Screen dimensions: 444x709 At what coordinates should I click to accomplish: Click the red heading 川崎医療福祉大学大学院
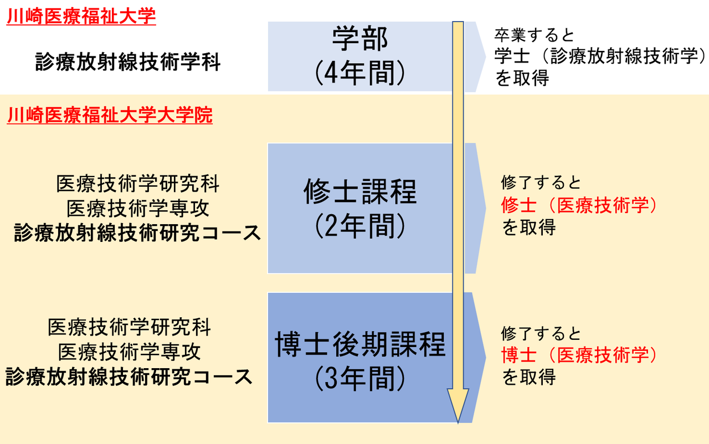pyautogui.click(x=110, y=115)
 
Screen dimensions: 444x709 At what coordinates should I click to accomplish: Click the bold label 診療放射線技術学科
pyautogui.click(x=128, y=62)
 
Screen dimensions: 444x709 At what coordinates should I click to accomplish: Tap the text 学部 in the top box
pyautogui.click(x=361, y=39)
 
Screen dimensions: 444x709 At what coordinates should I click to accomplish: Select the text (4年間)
pyautogui.click(x=361, y=73)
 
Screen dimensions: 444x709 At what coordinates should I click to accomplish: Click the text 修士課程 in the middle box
pyautogui.click(x=361, y=192)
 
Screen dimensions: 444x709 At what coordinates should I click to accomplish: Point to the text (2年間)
pyautogui.click(x=361, y=226)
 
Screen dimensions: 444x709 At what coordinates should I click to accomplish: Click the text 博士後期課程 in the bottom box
pyautogui.click(x=361, y=345)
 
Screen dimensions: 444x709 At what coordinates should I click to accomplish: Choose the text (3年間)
pyautogui.click(x=361, y=379)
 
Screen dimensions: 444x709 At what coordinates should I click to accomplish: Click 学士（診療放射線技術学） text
pyautogui.click(x=601, y=56)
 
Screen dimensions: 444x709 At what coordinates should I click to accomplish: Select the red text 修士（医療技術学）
pyautogui.click(x=579, y=205)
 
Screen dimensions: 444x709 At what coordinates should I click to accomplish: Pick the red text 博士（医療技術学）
pyautogui.click(x=579, y=355)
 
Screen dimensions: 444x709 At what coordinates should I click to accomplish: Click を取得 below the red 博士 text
pyautogui.click(x=528, y=378)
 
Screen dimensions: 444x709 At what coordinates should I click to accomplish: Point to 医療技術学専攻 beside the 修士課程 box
pyautogui.click(x=138, y=209)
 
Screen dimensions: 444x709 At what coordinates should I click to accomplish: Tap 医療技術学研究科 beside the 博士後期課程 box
pyautogui.click(x=129, y=328)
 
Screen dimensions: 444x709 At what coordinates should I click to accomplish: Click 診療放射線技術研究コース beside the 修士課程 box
pyautogui.click(x=137, y=233)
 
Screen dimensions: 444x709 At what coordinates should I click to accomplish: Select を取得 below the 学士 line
pyautogui.click(x=522, y=79)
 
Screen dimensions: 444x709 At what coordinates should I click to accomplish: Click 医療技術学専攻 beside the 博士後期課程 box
pyautogui.click(x=129, y=352)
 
